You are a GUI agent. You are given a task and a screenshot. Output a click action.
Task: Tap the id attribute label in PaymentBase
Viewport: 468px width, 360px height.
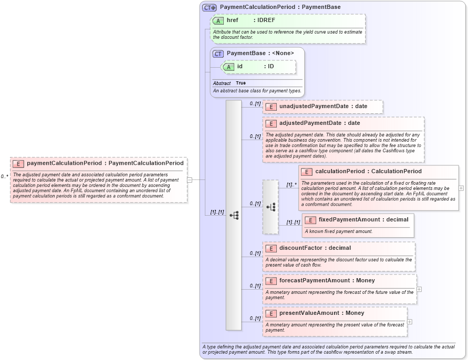(x=240, y=67)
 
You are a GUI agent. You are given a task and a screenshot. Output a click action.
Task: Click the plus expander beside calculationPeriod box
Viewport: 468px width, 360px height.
(x=461, y=188)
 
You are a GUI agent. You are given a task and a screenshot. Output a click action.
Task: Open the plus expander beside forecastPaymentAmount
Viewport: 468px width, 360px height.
(x=419, y=289)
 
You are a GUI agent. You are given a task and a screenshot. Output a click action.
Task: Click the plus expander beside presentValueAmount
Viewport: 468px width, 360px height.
(x=410, y=322)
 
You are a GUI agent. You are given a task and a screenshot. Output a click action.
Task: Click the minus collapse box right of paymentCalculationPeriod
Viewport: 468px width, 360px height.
(x=190, y=180)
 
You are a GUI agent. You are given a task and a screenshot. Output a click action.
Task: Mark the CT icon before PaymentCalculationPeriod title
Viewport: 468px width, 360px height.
(x=209, y=7)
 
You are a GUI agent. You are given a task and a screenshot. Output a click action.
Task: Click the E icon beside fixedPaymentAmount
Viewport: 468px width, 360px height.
(x=310, y=220)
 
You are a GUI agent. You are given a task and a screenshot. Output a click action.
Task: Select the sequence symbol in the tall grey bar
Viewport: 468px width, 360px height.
(x=234, y=215)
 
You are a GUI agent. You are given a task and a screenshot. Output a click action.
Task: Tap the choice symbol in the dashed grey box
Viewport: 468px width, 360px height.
(x=271, y=207)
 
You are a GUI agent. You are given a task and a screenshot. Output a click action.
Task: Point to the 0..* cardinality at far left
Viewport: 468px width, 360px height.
(x=4, y=177)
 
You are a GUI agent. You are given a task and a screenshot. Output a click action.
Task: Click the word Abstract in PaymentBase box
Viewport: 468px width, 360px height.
(x=222, y=83)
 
